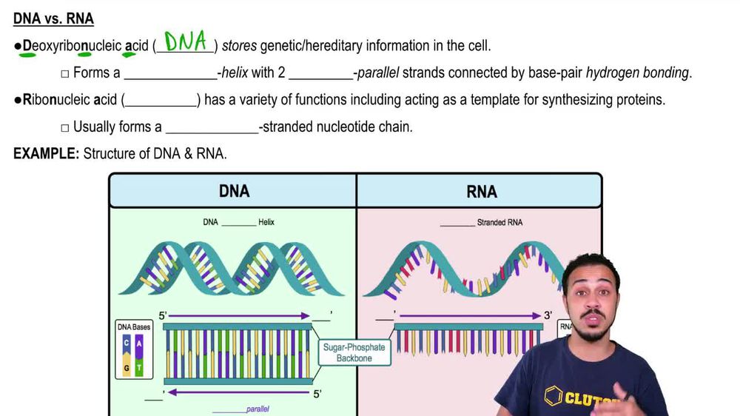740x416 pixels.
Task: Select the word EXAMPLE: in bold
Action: point(46,154)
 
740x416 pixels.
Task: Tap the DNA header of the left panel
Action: point(234,191)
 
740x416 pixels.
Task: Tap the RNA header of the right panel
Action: point(481,191)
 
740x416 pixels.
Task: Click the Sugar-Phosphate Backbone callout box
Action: point(354,352)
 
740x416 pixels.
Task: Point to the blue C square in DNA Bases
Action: point(127,342)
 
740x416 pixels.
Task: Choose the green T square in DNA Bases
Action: point(139,367)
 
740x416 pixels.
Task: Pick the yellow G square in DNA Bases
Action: point(127,367)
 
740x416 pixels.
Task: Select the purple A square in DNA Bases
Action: point(139,342)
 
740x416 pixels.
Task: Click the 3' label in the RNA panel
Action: point(548,315)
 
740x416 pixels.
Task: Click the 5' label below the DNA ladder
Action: point(317,395)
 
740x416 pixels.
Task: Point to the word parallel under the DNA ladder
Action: point(258,408)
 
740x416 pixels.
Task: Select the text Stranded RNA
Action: point(501,222)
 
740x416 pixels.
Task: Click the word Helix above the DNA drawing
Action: point(266,222)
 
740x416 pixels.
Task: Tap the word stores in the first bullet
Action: point(240,46)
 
